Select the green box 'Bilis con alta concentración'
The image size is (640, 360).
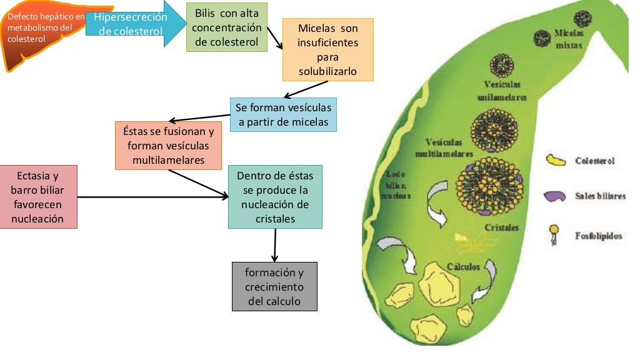tap(227, 27)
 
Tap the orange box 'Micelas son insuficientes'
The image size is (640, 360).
tap(327, 50)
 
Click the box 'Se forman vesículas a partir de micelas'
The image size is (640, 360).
tap(283, 114)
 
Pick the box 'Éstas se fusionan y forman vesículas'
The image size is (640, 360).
tap(169, 146)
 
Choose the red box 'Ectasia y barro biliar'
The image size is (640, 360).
tap(39, 196)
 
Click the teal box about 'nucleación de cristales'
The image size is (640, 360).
tap(275, 196)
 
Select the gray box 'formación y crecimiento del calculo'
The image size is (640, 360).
tap(274, 286)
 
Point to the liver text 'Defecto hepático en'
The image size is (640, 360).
tap(46, 17)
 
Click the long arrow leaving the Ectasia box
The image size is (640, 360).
tap(152, 197)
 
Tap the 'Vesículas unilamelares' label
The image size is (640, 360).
tap(502, 91)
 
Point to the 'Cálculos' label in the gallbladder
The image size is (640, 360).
tap(463, 267)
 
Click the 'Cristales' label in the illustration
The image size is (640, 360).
tap(501, 228)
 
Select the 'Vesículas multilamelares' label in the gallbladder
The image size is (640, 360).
tap(444, 147)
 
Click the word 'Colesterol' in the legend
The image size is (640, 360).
tap(595, 161)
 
